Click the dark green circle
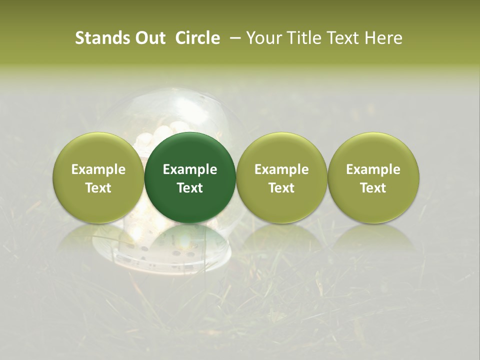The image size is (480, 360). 190,177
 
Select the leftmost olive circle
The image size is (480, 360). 98,177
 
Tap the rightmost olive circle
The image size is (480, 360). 373,177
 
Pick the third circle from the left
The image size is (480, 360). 281,177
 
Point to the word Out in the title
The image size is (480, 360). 151,38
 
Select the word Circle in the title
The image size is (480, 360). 197,38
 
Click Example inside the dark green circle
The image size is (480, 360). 190,169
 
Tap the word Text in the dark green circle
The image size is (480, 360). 190,188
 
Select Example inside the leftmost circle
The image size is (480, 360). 98,169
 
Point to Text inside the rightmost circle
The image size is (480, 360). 373,188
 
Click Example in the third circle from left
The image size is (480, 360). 281,169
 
